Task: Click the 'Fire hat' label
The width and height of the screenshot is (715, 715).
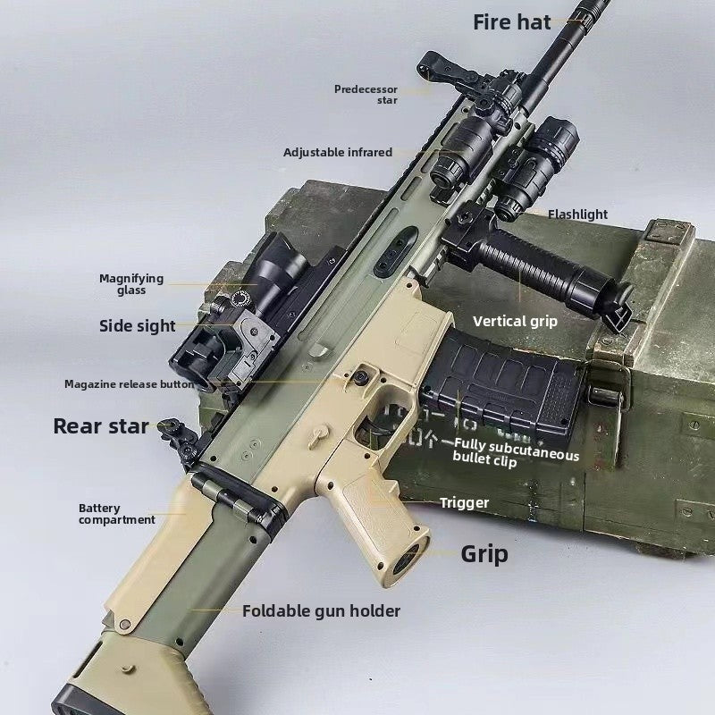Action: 511,22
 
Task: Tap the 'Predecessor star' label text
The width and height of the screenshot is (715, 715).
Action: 366,95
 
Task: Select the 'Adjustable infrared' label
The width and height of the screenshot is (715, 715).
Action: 338,152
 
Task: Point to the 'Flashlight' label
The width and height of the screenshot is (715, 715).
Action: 577,214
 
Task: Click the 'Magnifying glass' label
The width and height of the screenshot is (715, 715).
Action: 131,284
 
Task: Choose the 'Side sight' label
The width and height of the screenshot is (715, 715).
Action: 138,325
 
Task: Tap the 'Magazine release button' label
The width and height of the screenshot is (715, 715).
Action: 130,384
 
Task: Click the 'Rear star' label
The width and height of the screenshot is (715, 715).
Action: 101,426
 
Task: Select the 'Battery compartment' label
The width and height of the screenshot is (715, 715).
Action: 117,514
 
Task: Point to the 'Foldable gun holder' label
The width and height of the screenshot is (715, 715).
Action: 321,611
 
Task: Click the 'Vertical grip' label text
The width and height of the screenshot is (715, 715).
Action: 515,322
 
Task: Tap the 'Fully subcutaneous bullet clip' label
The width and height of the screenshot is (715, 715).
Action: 516,453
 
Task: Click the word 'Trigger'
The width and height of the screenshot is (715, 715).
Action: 464,503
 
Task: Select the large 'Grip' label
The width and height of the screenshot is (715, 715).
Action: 484,554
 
